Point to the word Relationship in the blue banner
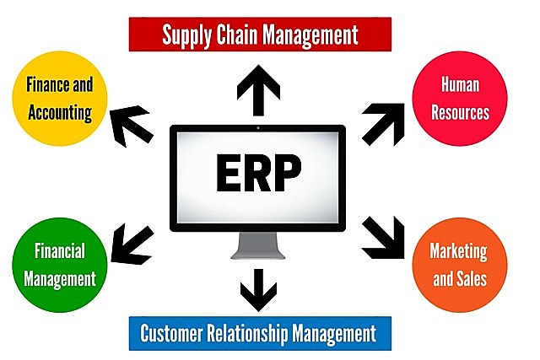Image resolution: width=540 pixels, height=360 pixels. (260, 332)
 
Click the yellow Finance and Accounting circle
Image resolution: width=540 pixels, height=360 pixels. (59, 99)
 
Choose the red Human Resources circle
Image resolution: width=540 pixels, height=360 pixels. (461, 99)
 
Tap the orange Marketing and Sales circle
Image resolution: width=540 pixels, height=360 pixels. (461, 264)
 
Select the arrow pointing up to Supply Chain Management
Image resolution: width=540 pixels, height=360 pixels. (257, 90)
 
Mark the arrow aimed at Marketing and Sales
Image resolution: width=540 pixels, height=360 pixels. (384, 239)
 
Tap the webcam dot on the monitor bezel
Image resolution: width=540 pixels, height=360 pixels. (257, 129)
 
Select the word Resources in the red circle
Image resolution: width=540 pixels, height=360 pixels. (461, 112)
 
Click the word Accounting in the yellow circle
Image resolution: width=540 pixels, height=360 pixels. (59, 112)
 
